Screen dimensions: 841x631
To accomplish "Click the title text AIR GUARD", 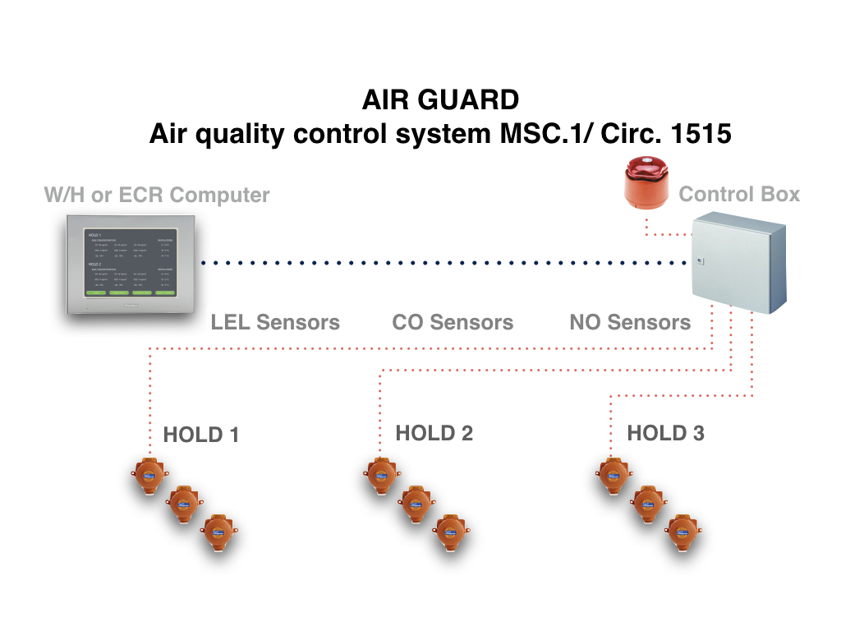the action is [440, 100].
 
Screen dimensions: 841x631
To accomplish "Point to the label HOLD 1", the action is [201, 435].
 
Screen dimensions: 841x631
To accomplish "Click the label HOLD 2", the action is [434, 433].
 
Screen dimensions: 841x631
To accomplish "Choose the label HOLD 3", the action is [665, 433].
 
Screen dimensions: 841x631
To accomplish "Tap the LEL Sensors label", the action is [275, 322].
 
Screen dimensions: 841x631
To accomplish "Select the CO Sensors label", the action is [453, 322].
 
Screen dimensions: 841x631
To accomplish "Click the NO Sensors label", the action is [630, 322].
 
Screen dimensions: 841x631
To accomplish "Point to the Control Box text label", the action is [739, 195].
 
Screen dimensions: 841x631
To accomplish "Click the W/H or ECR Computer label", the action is [157, 196].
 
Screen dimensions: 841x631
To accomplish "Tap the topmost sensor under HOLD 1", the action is [149, 476].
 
